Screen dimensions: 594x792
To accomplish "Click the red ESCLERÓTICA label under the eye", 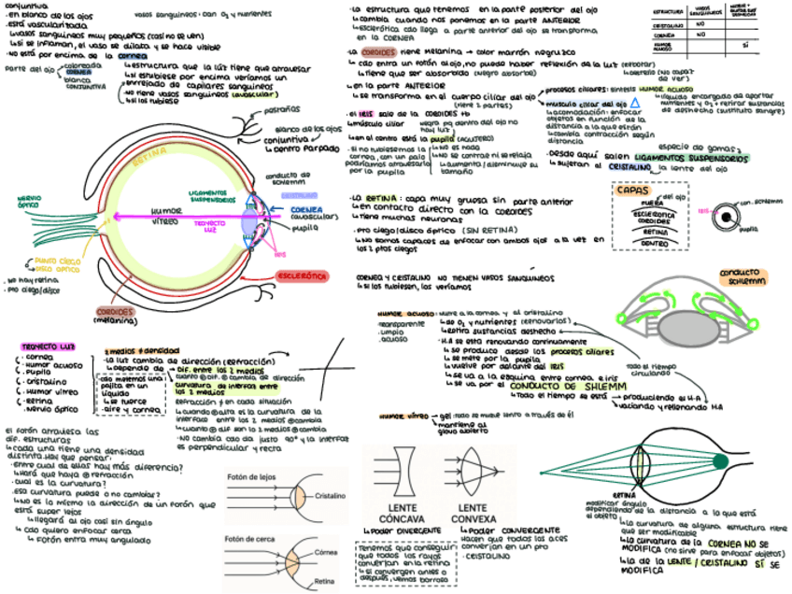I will pos(301,276).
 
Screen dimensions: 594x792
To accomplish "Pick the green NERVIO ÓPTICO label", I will pos(28,203).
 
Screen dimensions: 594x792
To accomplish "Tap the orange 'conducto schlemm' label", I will pos(742,276).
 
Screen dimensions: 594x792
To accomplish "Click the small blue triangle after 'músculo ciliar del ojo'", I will pos(634,102).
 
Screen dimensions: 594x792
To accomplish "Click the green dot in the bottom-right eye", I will pos(719,461).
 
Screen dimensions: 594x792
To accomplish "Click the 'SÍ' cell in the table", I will pos(745,45).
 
